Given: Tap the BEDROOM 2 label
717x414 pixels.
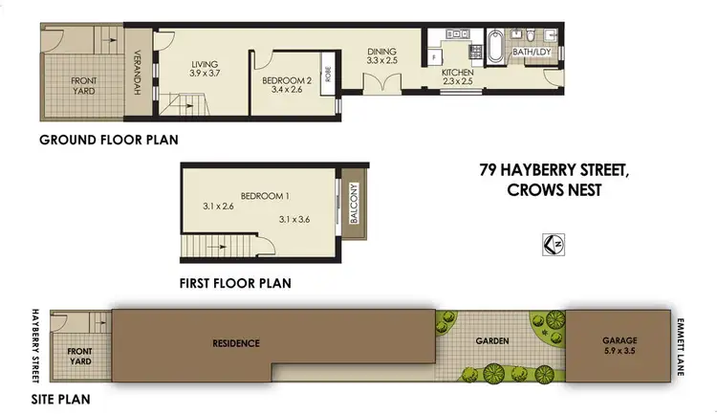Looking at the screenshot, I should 288,80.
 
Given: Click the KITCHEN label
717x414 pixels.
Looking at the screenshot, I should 458,72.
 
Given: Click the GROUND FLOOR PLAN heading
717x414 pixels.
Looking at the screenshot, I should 109,140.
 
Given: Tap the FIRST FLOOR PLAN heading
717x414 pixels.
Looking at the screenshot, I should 235,283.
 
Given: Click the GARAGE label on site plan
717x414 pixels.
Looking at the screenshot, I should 623,339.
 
